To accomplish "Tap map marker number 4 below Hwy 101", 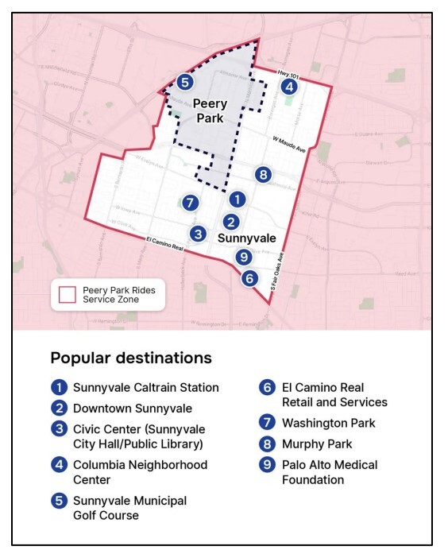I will tap(289, 86).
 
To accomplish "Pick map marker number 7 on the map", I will tap(189, 203).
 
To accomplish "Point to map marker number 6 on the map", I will tap(249, 278).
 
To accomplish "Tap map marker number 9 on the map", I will tap(244, 257).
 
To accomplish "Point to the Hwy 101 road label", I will tap(287, 72).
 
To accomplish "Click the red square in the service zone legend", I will tap(67, 295).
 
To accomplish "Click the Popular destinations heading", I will tap(131, 358).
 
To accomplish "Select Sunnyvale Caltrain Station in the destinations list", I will tap(145, 388).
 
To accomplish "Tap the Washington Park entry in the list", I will tap(328, 424).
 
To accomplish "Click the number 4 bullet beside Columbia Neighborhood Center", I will tap(58, 465).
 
